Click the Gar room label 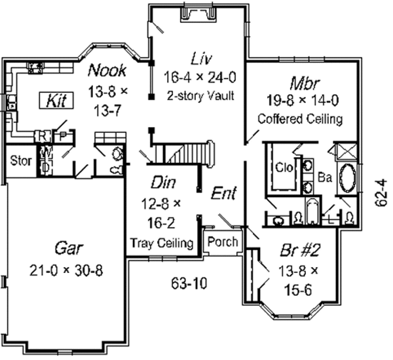[67, 250]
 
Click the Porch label [222, 242]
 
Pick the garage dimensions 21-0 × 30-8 [67, 269]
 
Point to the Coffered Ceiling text [301, 119]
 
